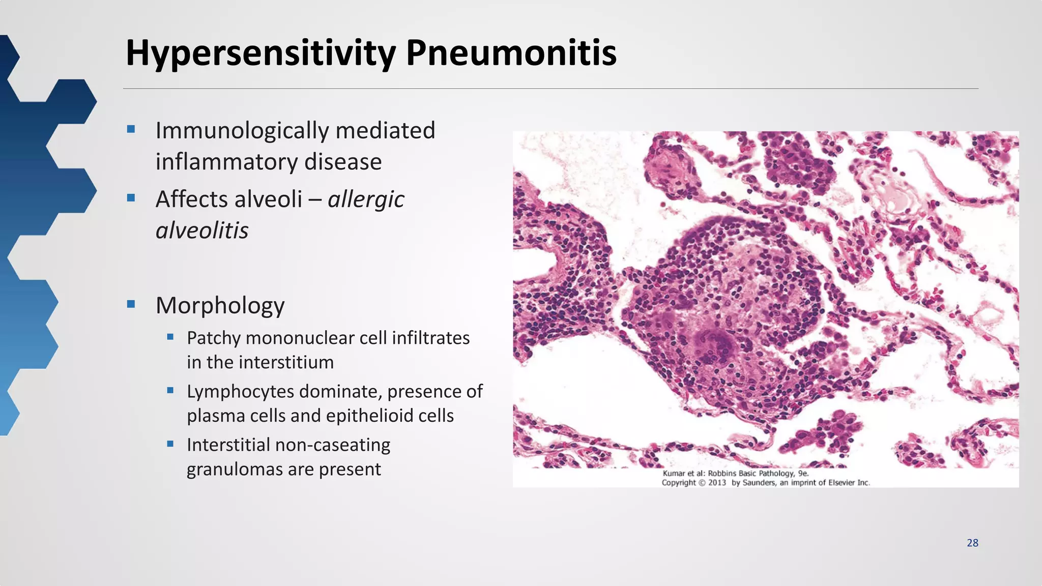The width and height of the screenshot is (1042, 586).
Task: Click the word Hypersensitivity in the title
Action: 260,53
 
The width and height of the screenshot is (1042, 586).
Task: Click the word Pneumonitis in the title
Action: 511,53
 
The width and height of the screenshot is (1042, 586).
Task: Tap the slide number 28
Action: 972,543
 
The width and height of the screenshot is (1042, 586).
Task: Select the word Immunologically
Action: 242,131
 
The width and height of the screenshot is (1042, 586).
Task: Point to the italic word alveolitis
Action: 202,230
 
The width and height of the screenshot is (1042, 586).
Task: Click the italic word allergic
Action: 366,199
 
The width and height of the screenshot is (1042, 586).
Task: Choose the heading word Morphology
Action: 220,305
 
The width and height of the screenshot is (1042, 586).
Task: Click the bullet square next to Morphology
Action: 131,304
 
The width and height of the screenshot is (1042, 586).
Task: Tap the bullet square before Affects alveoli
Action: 131,198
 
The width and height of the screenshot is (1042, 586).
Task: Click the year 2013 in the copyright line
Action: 716,483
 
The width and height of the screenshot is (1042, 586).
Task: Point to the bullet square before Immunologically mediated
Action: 131,129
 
